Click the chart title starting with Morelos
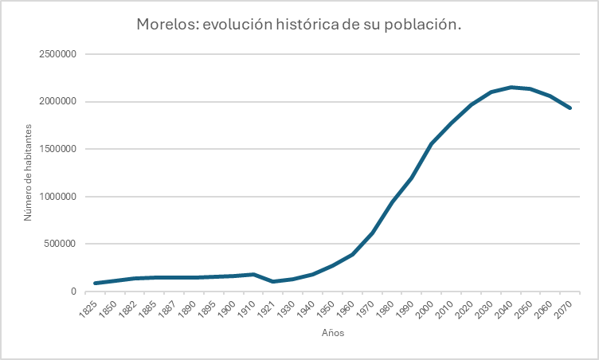point(299,25)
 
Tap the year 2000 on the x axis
point(430,307)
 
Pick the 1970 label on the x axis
point(370,307)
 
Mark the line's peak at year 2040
point(511,87)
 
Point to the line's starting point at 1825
point(96,283)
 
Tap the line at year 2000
point(432,143)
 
